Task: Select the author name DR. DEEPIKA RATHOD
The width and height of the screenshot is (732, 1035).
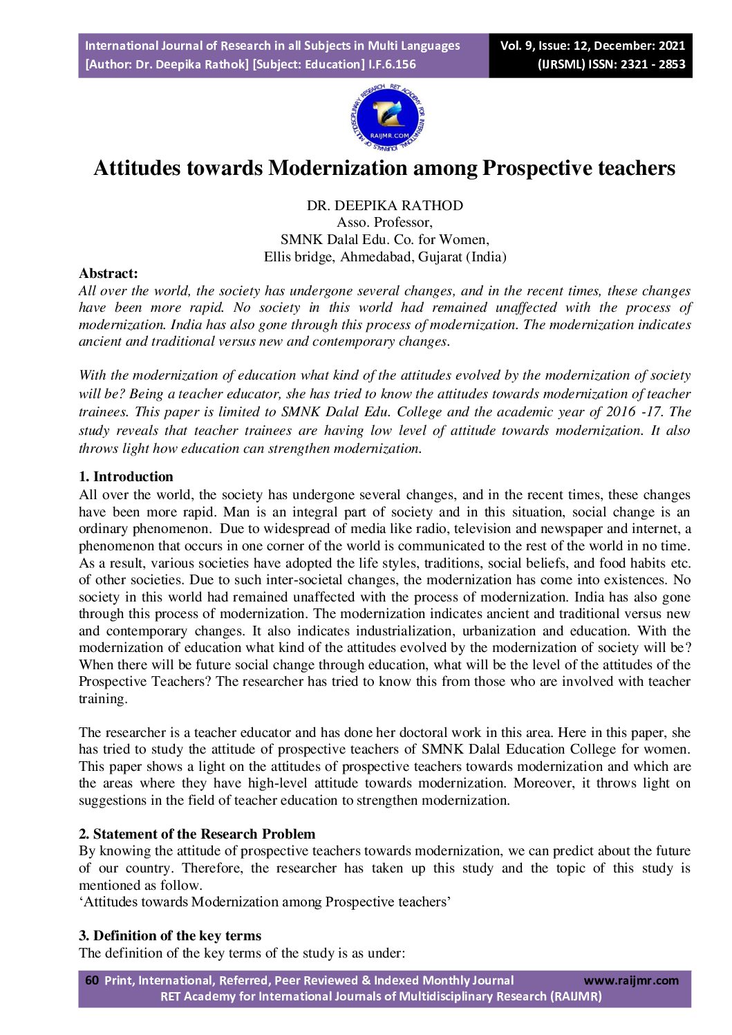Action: [385, 205]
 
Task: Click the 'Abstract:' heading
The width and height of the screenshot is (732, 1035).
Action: [109, 274]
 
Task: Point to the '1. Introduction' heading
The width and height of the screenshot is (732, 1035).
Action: [126, 476]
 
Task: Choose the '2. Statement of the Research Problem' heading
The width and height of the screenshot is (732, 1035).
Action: [197, 834]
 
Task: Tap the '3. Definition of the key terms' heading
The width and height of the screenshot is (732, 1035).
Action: [170, 935]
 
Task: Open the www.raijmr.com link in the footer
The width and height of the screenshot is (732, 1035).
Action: [631, 980]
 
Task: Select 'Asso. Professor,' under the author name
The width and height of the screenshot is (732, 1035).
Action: [385, 223]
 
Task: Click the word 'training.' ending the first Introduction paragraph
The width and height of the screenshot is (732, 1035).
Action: [103, 699]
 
